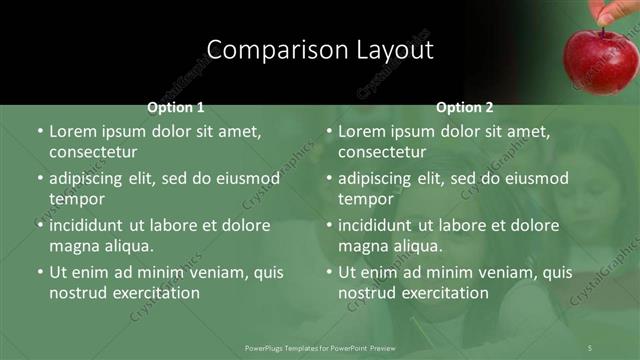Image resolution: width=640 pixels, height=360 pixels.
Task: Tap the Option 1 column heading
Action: [x=176, y=107]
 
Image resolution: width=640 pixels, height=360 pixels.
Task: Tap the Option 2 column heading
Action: [x=465, y=107]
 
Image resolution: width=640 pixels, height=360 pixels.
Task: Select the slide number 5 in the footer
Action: [x=590, y=347]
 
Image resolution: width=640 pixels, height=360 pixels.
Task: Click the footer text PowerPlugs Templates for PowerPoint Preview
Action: [x=320, y=347]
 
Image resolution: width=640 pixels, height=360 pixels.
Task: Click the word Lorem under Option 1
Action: [x=76, y=131]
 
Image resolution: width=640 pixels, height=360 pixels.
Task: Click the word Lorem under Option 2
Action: [x=365, y=131]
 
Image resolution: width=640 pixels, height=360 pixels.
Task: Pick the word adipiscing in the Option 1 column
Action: [x=93, y=178]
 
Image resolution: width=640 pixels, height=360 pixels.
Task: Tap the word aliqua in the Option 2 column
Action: [x=415, y=246]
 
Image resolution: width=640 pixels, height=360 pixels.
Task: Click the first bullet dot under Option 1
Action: [x=39, y=132]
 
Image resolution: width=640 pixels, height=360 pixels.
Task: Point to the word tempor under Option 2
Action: [x=365, y=199]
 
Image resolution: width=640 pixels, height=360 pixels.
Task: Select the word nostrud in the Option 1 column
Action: [x=78, y=293]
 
